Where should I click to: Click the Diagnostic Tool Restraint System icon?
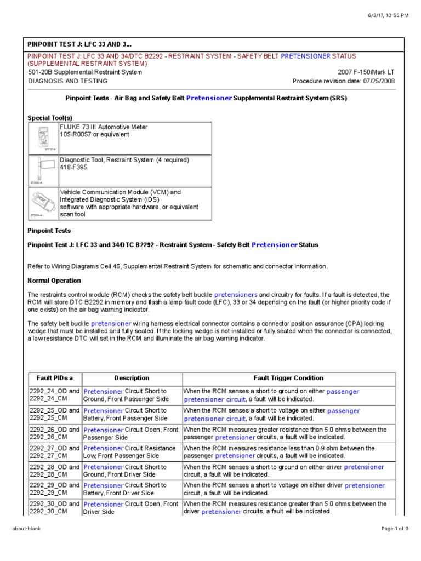pos(43,170)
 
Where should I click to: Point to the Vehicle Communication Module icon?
pos(43,204)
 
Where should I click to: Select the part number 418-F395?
pos(73,168)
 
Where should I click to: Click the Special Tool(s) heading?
pos(50,118)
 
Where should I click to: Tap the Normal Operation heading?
pos(54,280)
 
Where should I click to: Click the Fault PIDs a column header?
pos(54,378)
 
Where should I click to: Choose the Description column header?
pos(132,378)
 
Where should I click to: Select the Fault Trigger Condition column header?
pos(288,378)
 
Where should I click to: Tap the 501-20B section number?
pos(41,72)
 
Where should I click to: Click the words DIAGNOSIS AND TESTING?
pos(62,81)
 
